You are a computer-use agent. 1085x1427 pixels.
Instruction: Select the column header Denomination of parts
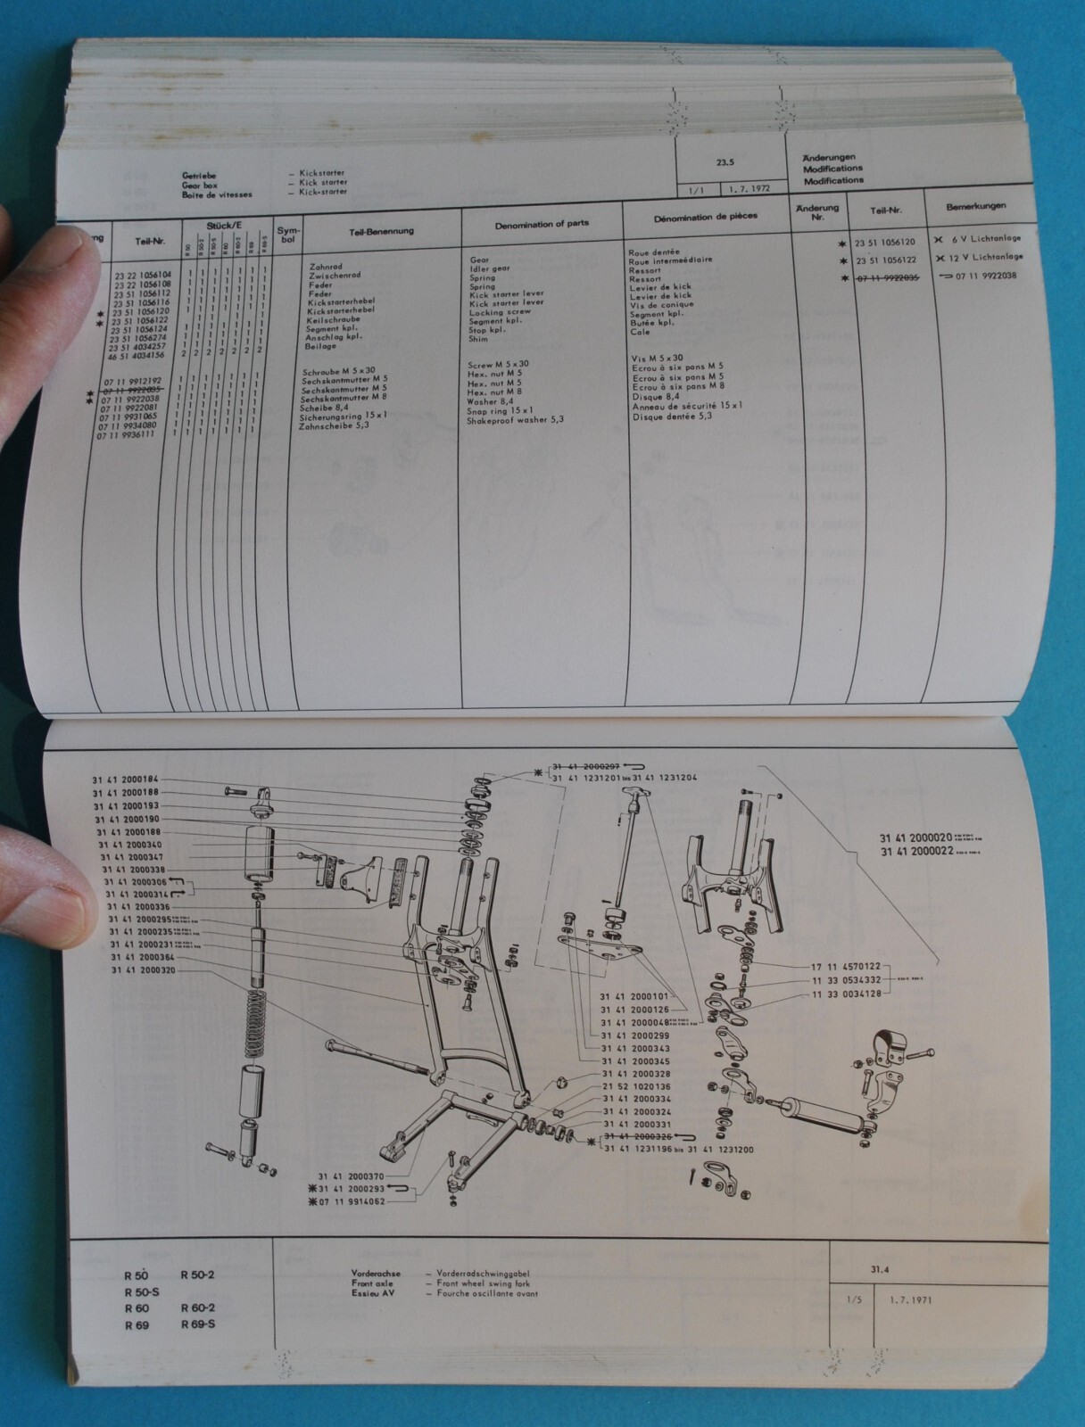tap(542, 224)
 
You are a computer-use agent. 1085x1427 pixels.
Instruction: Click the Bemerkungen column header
tap(976, 206)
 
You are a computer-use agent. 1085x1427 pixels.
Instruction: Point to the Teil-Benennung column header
tap(381, 231)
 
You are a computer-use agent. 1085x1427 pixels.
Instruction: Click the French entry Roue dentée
tap(654, 252)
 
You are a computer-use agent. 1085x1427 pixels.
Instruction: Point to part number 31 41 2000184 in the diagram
tap(125, 779)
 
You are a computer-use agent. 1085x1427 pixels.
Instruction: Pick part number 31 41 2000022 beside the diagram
tap(915, 851)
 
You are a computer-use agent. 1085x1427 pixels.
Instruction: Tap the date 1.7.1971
tap(910, 1299)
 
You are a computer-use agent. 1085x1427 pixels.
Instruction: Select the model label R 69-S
tap(197, 1324)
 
